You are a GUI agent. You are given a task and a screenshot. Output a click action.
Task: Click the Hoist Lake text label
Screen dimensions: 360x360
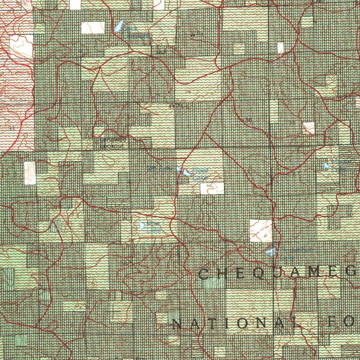tap(200, 175)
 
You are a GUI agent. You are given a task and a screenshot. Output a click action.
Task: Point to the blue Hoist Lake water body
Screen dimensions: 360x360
tap(187, 173)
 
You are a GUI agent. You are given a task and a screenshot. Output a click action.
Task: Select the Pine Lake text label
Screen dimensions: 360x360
tap(153, 226)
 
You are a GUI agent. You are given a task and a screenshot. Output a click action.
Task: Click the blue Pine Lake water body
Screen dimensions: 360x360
tap(142, 225)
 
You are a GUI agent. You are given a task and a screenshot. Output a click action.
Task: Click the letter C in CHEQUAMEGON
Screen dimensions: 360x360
tap(204, 274)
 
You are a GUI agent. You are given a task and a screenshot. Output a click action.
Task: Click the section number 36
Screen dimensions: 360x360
tap(249, 121)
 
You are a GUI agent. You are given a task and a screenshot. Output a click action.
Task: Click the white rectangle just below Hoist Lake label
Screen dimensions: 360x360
tap(212, 188)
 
